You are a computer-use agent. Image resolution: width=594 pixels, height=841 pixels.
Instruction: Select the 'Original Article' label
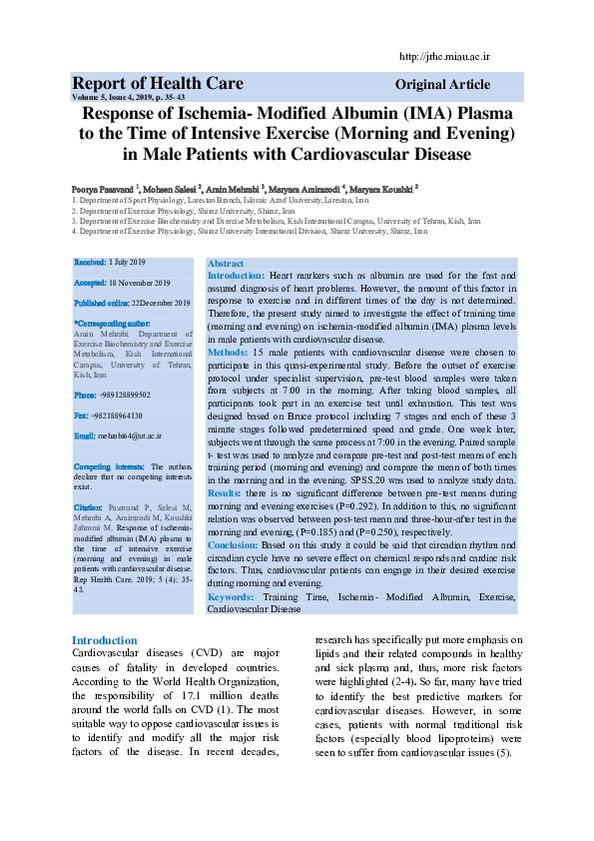[442, 85]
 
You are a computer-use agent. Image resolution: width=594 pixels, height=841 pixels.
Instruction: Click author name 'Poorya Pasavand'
[102, 189]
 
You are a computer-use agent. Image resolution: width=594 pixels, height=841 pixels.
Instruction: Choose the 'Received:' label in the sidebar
[90, 262]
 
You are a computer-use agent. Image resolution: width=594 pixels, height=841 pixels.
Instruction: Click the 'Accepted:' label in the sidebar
[91, 283]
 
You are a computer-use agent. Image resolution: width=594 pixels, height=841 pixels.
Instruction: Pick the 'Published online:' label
[102, 303]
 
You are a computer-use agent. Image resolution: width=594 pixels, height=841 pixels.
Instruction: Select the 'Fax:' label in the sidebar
[82, 416]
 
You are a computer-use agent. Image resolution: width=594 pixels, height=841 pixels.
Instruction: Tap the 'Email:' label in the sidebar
[85, 436]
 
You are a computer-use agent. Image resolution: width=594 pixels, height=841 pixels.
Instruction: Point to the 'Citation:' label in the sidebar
[88, 508]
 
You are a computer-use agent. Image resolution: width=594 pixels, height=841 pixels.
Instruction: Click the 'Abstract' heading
[225, 263]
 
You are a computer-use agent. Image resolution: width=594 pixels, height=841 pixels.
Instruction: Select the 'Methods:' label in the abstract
[228, 353]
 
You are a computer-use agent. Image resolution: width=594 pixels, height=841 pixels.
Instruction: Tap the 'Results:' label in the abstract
[225, 493]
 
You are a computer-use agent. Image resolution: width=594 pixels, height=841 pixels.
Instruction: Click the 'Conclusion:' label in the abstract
[233, 545]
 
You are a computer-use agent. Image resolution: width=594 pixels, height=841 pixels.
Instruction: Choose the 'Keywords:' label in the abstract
[231, 596]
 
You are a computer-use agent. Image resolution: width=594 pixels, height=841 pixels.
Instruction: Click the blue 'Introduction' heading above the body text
[104, 640]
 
